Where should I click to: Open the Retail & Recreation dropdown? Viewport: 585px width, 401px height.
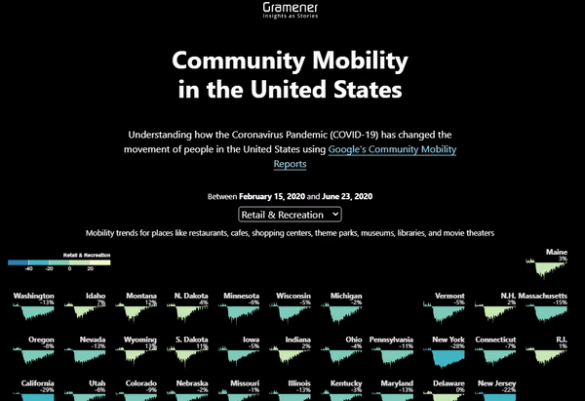click(291, 214)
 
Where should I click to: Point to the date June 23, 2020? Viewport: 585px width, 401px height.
click(347, 196)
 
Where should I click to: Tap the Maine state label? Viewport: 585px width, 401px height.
click(556, 253)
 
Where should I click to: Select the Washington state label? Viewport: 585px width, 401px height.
click(33, 296)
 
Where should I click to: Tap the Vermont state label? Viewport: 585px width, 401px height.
click(448, 296)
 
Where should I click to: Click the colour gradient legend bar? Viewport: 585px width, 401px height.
click(58, 262)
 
